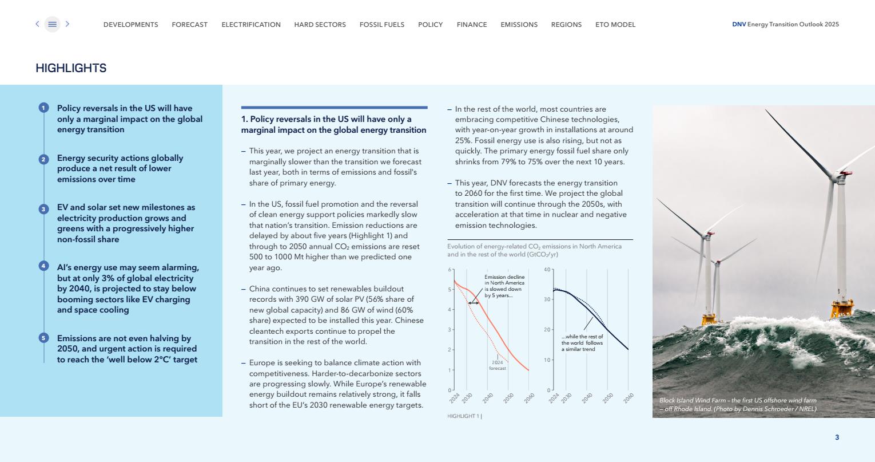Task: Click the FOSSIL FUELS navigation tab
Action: (381, 25)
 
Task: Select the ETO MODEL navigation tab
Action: (615, 25)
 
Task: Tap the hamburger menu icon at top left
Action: (52, 24)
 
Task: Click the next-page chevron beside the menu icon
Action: (67, 24)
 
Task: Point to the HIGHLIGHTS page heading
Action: (71, 68)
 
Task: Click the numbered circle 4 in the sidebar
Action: (43, 266)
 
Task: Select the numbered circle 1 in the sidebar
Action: (43, 108)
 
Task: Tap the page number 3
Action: (837, 437)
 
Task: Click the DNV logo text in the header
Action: (739, 25)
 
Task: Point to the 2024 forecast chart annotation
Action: (498, 365)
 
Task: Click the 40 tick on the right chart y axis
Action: (547, 270)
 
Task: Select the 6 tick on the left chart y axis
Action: (450, 270)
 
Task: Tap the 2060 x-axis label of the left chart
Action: (528, 398)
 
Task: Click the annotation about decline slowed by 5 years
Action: (504, 286)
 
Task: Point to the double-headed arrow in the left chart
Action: (474, 303)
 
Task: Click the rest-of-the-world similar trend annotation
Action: (582, 343)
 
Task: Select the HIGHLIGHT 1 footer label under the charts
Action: (464, 416)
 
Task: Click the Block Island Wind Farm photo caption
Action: (738, 405)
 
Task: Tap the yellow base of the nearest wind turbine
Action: (842, 310)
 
